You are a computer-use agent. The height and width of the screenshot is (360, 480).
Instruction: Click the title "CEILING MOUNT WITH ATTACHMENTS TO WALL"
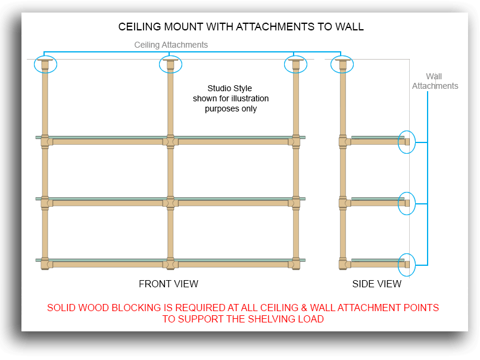[x=241, y=27]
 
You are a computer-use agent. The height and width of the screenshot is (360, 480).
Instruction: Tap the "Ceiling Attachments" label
[x=171, y=45]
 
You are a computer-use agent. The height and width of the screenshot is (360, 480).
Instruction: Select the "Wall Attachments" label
[x=435, y=81]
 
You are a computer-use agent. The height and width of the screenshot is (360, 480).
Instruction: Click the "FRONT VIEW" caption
[x=169, y=284]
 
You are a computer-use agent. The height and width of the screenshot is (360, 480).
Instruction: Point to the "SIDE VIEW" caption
[x=376, y=284]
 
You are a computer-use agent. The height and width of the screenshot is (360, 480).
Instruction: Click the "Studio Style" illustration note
[x=230, y=98]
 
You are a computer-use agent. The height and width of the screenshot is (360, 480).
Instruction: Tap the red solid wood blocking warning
[x=243, y=313]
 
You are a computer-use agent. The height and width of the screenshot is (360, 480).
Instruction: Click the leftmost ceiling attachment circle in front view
[x=45, y=64]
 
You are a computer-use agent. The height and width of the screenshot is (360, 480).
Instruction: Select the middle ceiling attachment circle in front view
[x=170, y=64]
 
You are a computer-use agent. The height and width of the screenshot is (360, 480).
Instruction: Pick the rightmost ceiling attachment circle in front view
[x=295, y=64]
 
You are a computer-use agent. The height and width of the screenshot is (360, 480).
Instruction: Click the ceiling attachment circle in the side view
[x=342, y=64]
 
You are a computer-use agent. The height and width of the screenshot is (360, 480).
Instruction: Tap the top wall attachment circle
[x=407, y=142]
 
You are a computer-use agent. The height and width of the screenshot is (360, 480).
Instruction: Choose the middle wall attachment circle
[x=407, y=203]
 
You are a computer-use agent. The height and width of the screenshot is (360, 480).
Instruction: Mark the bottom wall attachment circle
[x=407, y=264]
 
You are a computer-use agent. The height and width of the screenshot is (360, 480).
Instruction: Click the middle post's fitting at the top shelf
[x=170, y=141]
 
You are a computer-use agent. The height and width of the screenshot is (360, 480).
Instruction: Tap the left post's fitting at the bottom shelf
[x=45, y=263]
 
